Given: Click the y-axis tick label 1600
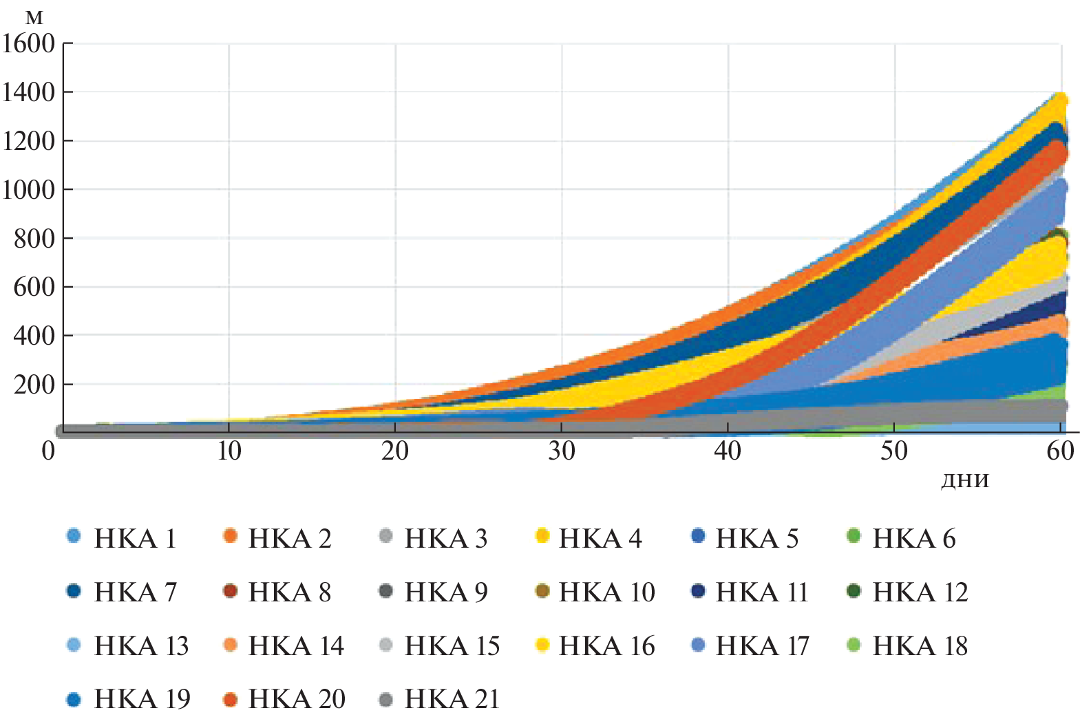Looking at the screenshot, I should (x=28, y=43).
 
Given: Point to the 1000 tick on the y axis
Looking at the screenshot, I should (x=28, y=190).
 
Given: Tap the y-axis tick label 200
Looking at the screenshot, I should (x=34, y=385).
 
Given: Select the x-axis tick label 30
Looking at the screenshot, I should (x=562, y=451).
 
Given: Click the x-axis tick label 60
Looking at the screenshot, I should (x=1060, y=451).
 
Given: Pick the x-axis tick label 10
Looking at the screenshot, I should (x=229, y=451).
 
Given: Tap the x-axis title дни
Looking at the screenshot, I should (x=964, y=480).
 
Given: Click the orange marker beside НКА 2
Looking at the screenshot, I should (x=231, y=536).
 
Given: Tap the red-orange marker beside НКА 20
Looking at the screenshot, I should (x=231, y=700).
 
